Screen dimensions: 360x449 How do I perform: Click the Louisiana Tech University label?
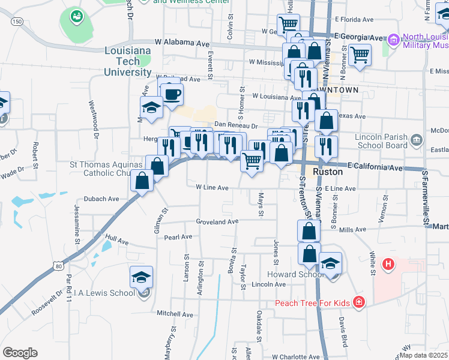(x=128, y=62)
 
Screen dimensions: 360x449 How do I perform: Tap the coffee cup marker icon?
(x=172, y=95)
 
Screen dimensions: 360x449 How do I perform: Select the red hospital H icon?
(x=388, y=263)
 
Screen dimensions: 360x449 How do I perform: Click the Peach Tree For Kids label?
(x=312, y=302)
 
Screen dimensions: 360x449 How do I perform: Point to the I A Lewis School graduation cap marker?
(x=141, y=277)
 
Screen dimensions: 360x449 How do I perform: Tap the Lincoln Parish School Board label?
(x=381, y=141)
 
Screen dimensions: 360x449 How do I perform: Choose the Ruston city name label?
(x=329, y=172)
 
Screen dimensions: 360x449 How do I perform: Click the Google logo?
(x=20, y=352)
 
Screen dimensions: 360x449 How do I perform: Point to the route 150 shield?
(x=17, y=22)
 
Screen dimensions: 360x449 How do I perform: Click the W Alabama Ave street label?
(x=182, y=43)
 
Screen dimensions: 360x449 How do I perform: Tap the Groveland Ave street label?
(x=217, y=221)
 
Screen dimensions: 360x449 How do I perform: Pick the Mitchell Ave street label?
(x=175, y=314)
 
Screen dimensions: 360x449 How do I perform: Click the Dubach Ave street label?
(x=101, y=199)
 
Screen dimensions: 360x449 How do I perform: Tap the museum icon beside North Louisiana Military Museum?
(x=394, y=40)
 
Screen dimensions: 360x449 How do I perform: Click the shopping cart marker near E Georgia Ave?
(x=360, y=55)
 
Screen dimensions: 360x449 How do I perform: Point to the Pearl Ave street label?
(x=178, y=237)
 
